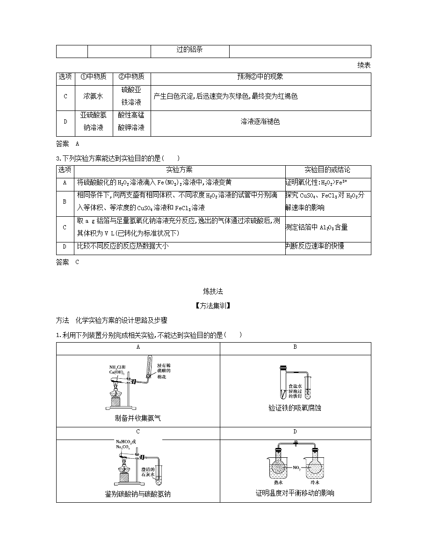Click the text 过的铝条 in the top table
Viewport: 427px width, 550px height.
pyautogui.click(x=190, y=50)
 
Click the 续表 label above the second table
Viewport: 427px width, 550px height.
pyautogui.click(x=364, y=65)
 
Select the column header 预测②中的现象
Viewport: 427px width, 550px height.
pyautogui.click(x=260, y=77)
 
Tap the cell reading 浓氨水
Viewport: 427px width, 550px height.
pyautogui.click(x=93, y=96)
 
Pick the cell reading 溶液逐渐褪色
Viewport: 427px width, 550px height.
pyautogui.click(x=260, y=122)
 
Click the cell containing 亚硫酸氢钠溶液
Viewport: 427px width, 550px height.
pyautogui.click(x=94, y=121)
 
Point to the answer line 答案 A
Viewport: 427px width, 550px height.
pyautogui.click(x=68, y=144)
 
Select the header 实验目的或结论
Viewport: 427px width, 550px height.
pyautogui.click(x=327, y=170)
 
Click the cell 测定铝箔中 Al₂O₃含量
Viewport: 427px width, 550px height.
pyautogui.click(x=317, y=227)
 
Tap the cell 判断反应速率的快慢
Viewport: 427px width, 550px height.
pyautogui.click(x=315, y=246)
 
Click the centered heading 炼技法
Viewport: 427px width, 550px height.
pyautogui.click(x=213, y=291)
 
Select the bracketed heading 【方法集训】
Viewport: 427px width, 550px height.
pyautogui.click(x=213, y=306)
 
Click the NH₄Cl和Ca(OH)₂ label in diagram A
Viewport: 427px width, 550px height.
pyautogui.click(x=117, y=370)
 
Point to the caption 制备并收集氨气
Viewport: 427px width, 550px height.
pyautogui.click(x=138, y=418)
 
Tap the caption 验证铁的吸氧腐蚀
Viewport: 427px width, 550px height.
pyautogui.click(x=295, y=408)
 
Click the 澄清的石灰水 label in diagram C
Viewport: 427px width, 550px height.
pyautogui.click(x=148, y=472)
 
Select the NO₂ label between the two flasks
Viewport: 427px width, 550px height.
pyautogui.click(x=297, y=468)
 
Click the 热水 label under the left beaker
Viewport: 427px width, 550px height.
pyautogui.click(x=278, y=483)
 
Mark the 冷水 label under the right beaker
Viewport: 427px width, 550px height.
pyautogui.click(x=315, y=483)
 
